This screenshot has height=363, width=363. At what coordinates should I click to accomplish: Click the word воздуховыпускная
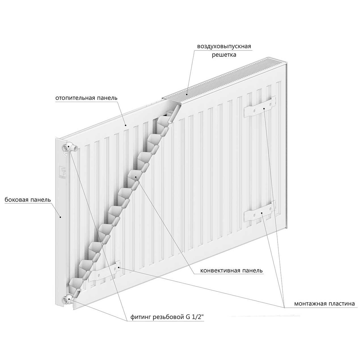click(224, 46)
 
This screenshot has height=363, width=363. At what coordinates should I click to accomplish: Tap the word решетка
click(224, 55)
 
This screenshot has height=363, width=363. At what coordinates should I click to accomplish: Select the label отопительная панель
click(86, 98)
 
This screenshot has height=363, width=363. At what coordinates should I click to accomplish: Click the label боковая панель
click(28, 199)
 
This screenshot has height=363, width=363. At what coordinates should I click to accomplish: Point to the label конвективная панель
click(231, 271)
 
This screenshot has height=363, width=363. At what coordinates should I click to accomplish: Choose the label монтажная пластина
click(324, 304)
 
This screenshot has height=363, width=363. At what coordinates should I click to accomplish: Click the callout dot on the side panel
click(60, 217)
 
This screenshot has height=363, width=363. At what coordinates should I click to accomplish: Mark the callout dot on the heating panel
click(126, 125)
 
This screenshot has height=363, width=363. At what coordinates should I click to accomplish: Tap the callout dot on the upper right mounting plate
click(264, 108)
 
